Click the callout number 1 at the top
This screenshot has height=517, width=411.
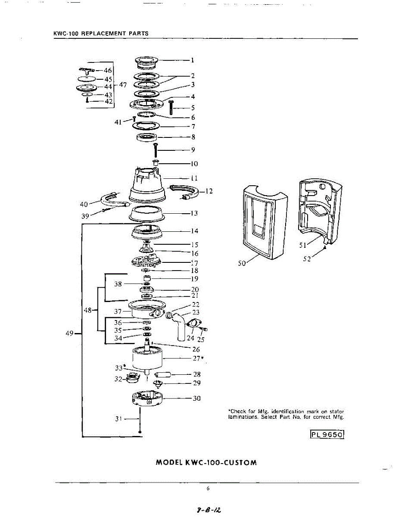pyautogui.click(x=193, y=60)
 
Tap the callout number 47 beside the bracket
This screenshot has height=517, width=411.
pyautogui.click(x=123, y=85)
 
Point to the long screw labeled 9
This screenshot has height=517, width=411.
pyautogui.click(x=156, y=149)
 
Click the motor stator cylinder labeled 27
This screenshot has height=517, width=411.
pyautogui.click(x=148, y=357)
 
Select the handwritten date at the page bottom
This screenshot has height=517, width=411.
pyautogui.click(x=208, y=510)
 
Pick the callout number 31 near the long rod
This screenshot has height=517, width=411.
pyautogui.click(x=119, y=418)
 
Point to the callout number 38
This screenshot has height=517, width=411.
pyautogui.click(x=118, y=284)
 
